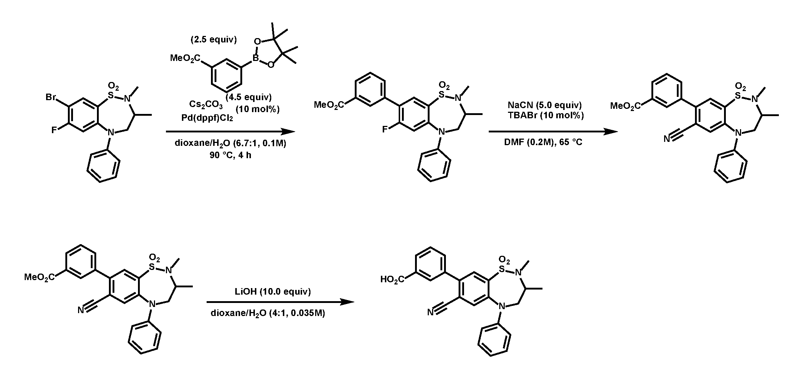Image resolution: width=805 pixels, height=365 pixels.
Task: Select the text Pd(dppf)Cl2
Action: click(207, 118)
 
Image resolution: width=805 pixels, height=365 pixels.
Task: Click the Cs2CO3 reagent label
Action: click(206, 104)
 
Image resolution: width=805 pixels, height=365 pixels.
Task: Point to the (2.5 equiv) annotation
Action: click(214, 40)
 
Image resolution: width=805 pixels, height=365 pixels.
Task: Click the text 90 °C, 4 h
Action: click(231, 156)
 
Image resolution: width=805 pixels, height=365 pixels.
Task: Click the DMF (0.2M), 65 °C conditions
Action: click(543, 142)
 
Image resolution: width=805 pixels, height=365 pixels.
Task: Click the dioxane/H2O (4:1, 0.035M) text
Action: click(268, 313)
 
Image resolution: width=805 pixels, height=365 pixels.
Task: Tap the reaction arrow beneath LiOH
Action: click(280, 302)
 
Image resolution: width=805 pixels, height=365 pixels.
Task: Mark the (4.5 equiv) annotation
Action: click(249, 97)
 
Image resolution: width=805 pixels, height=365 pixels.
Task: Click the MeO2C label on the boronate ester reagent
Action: click(185, 58)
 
